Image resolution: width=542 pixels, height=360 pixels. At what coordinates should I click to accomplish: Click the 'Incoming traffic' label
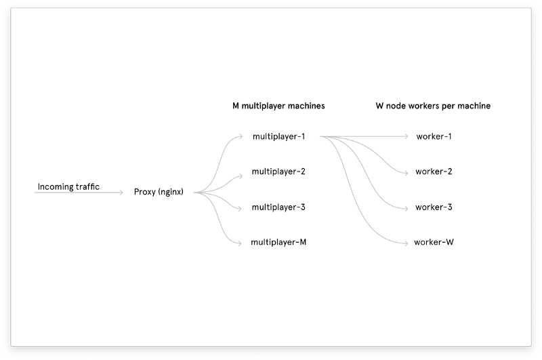coord(68,186)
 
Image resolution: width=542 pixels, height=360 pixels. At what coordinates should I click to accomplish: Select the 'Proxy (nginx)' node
coord(159,193)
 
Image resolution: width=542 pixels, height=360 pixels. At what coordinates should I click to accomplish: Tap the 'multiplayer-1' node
coord(278,136)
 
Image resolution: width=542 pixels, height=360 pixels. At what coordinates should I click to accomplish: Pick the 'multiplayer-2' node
coord(278,172)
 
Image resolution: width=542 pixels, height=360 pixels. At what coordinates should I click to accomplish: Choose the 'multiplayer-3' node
coord(278,207)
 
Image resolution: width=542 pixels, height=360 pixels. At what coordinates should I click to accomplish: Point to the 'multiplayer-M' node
coord(278,242)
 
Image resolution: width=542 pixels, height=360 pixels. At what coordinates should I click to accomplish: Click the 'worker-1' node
coord(434,136)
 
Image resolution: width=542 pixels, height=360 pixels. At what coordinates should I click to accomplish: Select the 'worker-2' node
coord(434,172)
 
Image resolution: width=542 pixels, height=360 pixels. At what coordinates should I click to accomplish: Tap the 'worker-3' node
coord(434,207)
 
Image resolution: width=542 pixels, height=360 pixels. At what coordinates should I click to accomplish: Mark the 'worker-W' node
coord(434,242)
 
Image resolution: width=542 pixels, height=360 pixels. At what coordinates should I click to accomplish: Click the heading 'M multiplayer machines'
coord(278,106)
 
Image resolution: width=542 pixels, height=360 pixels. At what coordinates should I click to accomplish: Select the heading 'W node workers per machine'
coord(433,106)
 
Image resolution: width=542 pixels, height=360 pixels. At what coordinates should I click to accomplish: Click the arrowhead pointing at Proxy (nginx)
coord(121,193)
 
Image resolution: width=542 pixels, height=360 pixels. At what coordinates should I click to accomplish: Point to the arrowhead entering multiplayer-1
coord(241,136)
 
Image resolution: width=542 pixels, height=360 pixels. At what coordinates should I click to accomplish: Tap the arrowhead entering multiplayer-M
coord(241,242)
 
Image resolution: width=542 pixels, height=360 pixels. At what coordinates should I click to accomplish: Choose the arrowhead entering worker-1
coord(408,136)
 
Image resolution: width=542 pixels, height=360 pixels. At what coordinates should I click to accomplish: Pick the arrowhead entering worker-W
coord(408,242)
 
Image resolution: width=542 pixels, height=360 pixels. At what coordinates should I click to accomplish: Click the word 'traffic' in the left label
coord(88,186)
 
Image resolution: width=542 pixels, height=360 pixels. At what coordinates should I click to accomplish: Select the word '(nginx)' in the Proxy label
coord(171,193)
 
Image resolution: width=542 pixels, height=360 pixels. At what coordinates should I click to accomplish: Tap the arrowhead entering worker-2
coord(408,172)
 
